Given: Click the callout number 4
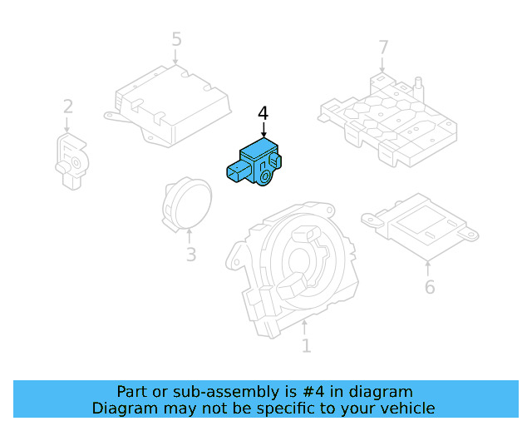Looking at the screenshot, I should pyautogui.click(x=264, y=113).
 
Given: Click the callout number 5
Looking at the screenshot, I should pyautogui.click(x=176, y=39).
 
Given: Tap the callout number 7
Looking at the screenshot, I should pyautogui.click(x=383, y=47).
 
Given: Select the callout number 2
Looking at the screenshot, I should pyautogui.click(x=67, y=106).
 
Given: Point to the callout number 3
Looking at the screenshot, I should pyautogui.click(x=190, y=255).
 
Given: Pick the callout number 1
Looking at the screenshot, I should pyautogui.click(x=306, y=344).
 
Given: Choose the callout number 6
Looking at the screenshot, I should pyautogui.click(x=429, y=287).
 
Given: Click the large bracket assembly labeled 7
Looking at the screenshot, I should pyautogui.click(x=389, y=116).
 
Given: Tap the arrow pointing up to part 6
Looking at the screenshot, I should pyautogui.click(x=428, y=268).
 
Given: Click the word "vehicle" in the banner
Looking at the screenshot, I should pyautogui.click(x=405, y=408).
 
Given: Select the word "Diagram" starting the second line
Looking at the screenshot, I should pyautogui.click(x=125, y=408).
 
